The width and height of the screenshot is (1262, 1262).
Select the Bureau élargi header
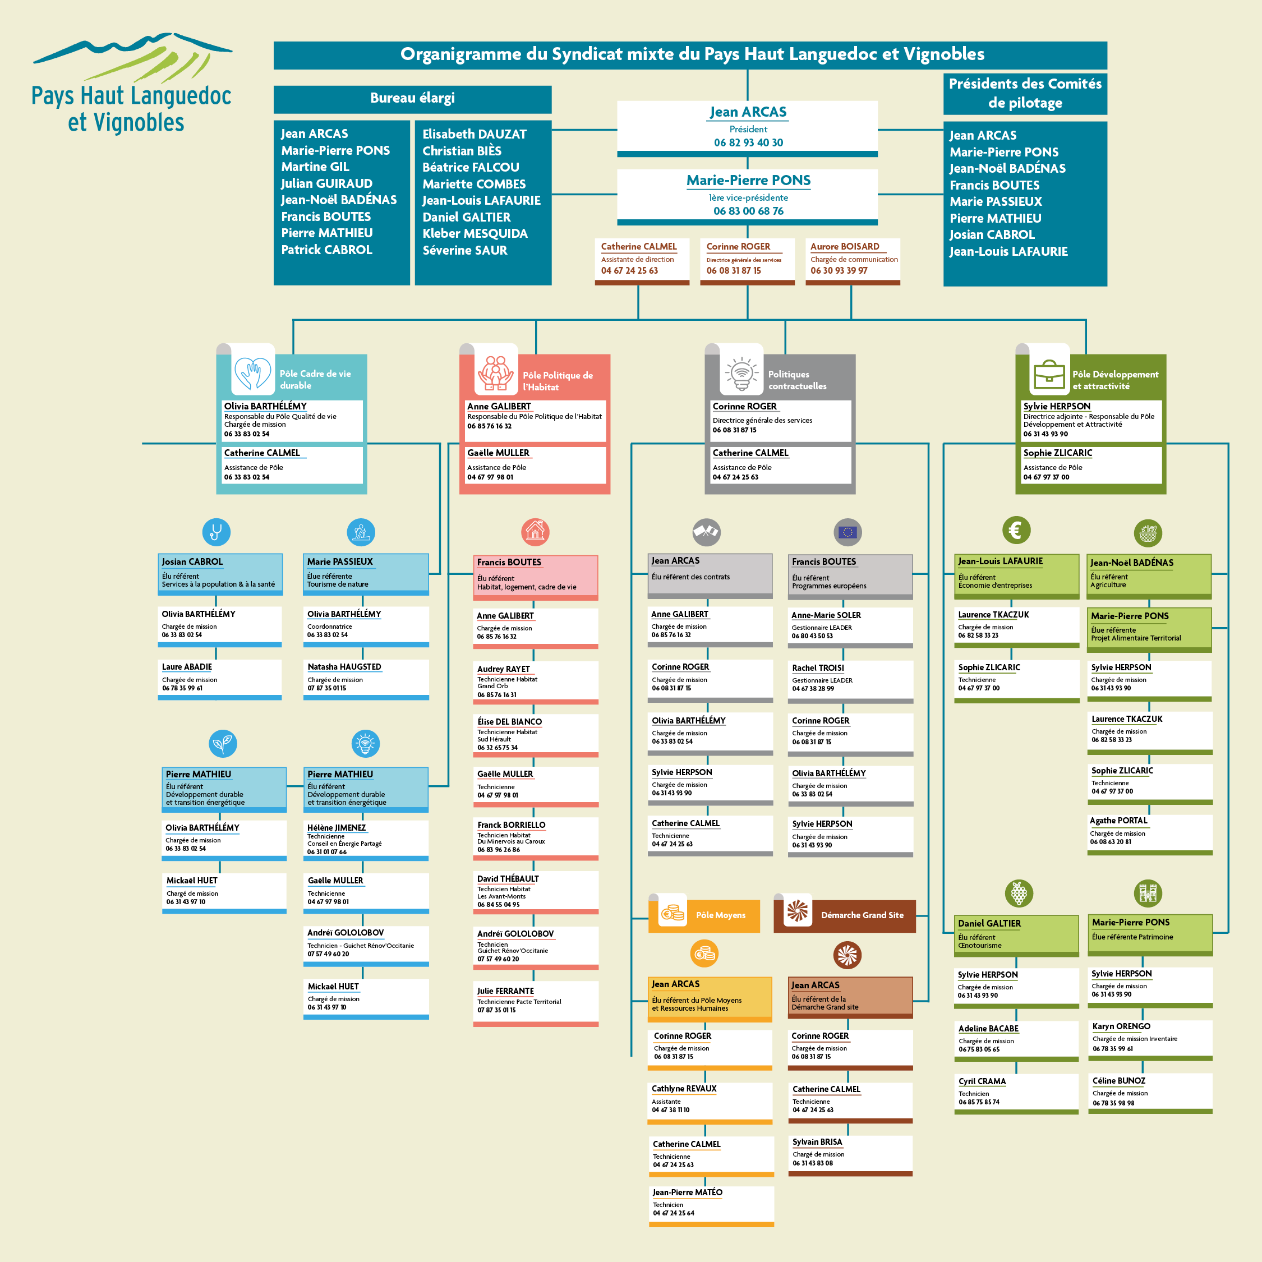click(412, 99)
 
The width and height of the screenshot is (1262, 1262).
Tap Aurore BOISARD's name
click(845, 246)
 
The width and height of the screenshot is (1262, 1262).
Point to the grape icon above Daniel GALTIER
click(1019, 893)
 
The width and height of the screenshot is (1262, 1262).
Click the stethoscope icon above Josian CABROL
click(216, 532)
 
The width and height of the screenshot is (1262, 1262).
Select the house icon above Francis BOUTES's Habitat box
click(535, 532)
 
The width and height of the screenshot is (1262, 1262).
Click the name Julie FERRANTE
click(505, 991)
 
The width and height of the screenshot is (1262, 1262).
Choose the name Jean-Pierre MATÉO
click(687, 1192)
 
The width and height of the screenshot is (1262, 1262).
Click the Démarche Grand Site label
click(862, 915)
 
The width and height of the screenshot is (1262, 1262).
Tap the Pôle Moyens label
click(721, 915)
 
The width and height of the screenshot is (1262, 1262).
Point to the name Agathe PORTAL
click(1118, 821)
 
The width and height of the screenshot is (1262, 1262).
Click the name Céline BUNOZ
click(1119, 1080)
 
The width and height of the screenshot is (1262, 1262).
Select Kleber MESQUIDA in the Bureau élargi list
click(475, 234)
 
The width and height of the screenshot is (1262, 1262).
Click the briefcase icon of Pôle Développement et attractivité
click(1049, 374)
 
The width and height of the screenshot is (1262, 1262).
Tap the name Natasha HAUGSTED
click(344, 667)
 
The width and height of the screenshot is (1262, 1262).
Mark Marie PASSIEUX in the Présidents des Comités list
click(996, 202)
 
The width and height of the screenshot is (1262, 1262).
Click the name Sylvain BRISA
click(817, 1142)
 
